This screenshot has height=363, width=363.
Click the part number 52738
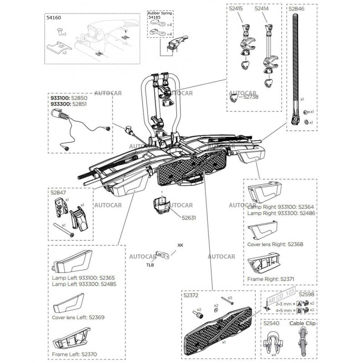click(252, 97)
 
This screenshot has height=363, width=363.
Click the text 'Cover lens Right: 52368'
click(275, 244)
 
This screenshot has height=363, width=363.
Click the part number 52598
click(307, 294)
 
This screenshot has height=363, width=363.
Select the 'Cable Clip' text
click(302, 324)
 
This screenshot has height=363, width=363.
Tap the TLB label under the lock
click(150, 264)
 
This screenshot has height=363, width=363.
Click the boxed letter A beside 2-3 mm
click(299, 303)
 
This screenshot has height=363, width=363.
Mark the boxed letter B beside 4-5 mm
click(299, 311)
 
